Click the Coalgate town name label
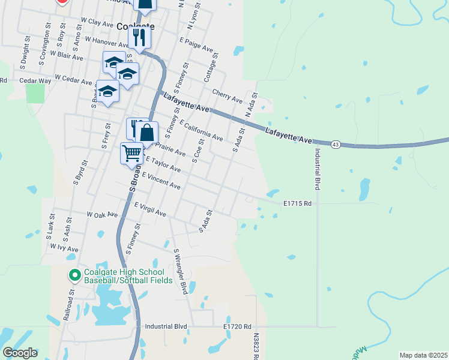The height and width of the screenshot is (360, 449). click(135, 26)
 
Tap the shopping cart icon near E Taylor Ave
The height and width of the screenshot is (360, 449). click(131, 153)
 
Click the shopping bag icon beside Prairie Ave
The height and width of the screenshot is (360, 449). click(146, 133)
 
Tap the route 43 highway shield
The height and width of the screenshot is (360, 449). click(336, 144)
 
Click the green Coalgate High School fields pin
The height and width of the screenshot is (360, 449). click(75, 276)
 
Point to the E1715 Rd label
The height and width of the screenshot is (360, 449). click(297, 203)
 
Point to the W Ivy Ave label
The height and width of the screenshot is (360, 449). click(64, 248)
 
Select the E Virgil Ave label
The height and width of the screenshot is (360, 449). click(150, 209)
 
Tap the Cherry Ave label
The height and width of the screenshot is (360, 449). click(228, 94)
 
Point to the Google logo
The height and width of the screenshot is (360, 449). click(20, 353)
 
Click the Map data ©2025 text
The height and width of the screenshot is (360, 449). click(423, 355)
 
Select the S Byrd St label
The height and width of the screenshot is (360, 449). click(77, 172)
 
